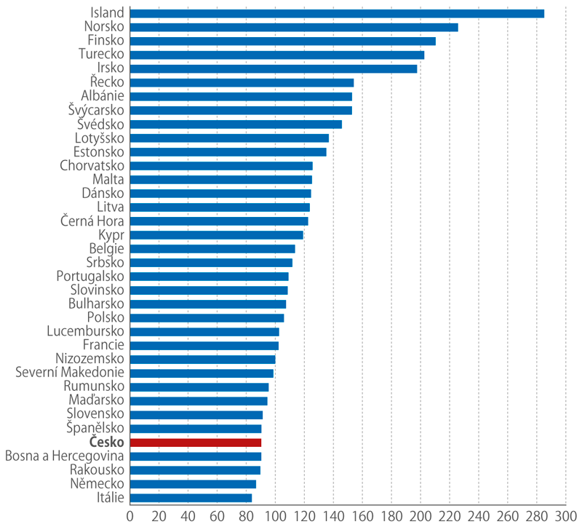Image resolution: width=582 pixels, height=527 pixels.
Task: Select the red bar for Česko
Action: point(195,442)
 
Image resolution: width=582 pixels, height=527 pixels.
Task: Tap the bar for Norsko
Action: point(293,27)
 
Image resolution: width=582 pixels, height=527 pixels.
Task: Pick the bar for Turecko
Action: point(276,55)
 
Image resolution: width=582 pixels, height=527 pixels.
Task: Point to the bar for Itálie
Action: point(191,498)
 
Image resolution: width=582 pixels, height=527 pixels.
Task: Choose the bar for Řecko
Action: point(242,82)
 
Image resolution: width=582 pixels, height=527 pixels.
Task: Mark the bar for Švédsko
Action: point(236,124)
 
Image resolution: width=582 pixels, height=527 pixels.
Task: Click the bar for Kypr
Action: point(216,234)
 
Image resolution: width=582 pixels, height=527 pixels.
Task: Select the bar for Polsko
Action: point(207,317)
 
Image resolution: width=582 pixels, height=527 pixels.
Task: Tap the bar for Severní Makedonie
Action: point(202,373)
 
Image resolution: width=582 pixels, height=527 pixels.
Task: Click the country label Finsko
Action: point(105,40)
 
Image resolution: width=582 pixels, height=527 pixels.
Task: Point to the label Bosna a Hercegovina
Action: point(65,456)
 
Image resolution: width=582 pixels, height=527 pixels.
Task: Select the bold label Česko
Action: point(106,442)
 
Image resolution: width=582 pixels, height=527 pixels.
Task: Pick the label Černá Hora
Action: point(92,221)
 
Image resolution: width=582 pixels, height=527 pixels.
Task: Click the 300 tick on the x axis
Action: point(565,517)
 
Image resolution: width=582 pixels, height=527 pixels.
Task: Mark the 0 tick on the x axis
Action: point(130,517)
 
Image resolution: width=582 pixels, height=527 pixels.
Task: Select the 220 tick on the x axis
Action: point(449,517)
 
